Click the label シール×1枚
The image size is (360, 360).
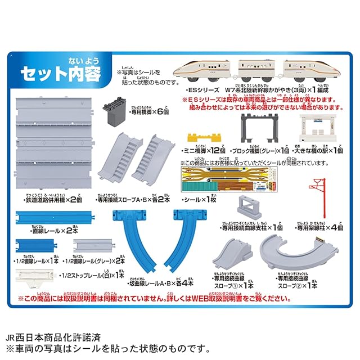pyautogui.click(x=200, y=200)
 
